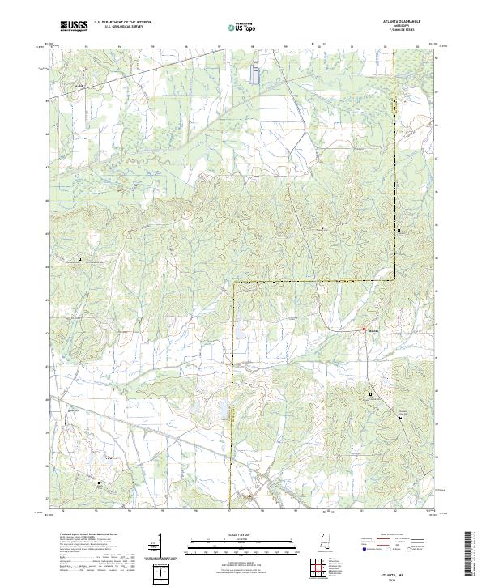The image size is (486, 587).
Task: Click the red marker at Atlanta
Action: coord(363,330)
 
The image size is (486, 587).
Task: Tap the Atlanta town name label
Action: coord(373,330)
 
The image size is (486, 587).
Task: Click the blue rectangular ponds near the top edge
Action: coord(256,75)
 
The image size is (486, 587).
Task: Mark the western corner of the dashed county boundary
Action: coord(233,283)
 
